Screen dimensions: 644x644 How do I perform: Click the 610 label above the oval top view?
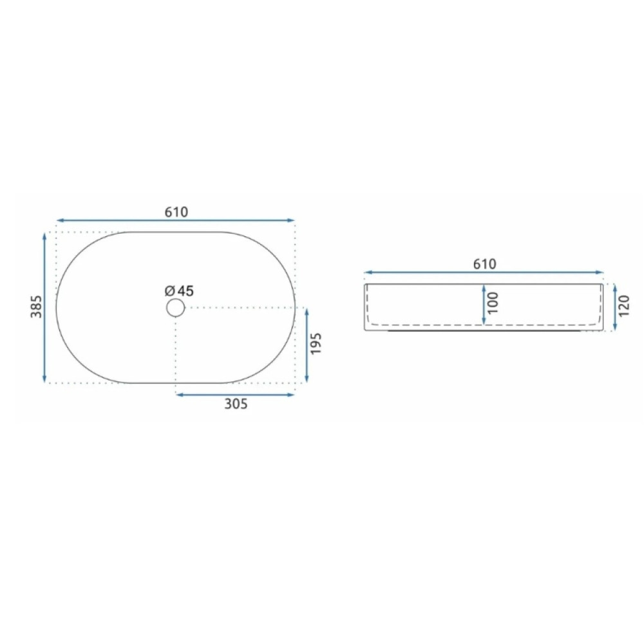tap(176, 212)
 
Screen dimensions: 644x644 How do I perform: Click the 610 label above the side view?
tap(485, 264)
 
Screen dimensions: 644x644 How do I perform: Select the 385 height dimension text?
tap(37, 307)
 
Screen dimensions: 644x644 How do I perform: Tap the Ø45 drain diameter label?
tap(179, 291)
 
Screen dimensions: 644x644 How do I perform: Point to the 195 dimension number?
tap(316, 344)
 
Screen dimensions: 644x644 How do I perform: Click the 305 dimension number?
tap(236, 404)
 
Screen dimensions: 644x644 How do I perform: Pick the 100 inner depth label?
tap(493, 303)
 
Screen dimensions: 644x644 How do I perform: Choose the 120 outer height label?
tap(624, 306)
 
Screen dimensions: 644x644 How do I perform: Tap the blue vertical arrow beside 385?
tap(45, 307)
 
